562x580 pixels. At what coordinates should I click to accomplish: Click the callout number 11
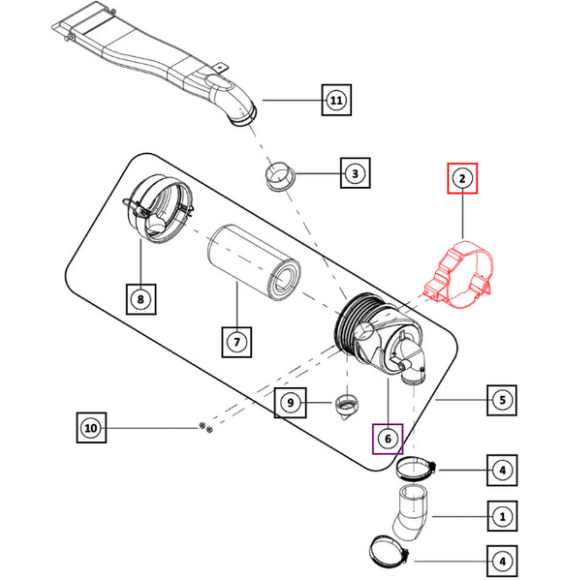(334, 100)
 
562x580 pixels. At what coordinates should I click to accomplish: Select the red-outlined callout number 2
(462, 179)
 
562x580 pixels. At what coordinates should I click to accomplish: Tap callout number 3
(356, 174)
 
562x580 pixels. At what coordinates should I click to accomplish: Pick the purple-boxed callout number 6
(388, 439)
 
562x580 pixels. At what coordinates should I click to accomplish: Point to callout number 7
(235, 341)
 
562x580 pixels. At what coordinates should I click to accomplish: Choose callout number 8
(140, 299)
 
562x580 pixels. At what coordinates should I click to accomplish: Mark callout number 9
(288, 401)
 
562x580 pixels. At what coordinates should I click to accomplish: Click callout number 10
(90, 426)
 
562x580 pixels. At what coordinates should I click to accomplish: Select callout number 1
(501, 517)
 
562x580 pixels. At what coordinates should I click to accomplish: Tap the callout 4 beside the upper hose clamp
(501, 472)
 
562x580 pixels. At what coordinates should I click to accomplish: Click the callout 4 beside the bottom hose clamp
(501, 561)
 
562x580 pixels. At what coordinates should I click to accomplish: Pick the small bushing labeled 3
(280, 177)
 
